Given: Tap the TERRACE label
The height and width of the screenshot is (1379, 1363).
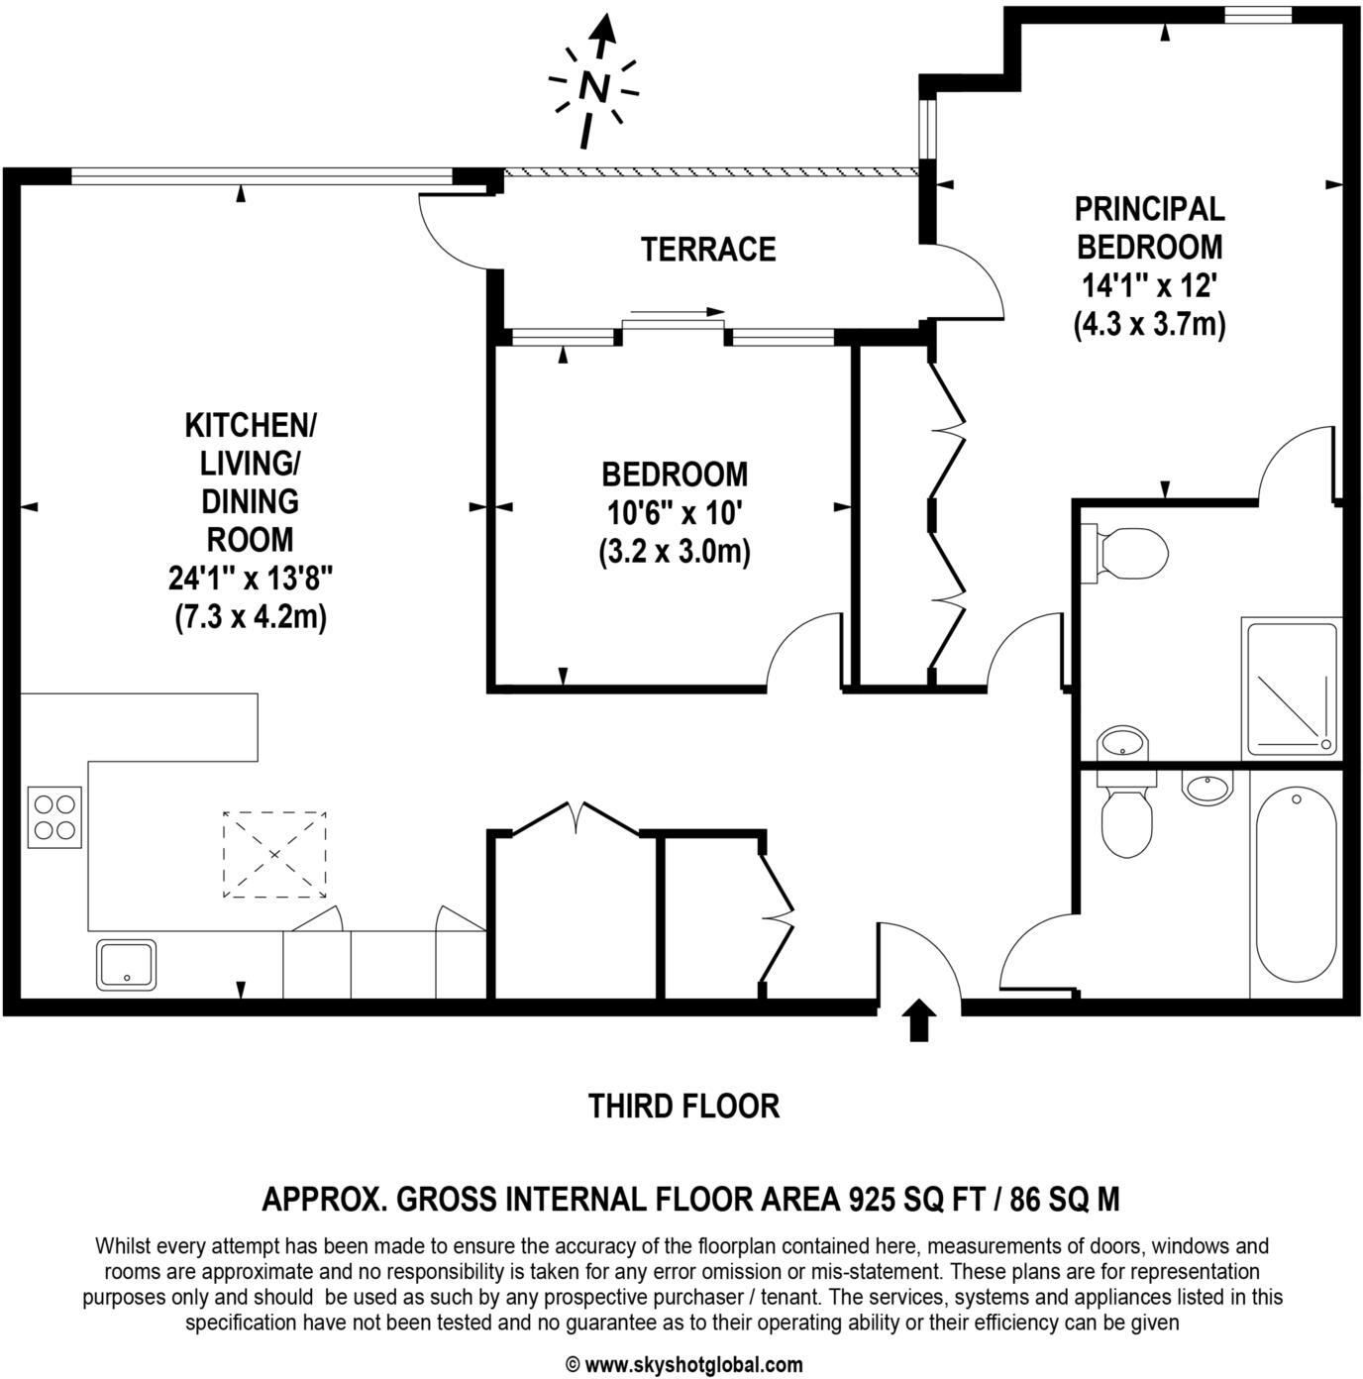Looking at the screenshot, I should [x=707, y=250].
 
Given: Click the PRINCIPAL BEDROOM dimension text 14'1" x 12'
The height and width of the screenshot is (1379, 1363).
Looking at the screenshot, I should [x=1149, y=286].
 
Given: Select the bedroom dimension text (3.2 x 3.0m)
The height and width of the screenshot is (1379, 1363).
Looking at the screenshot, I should [x=675, y=551].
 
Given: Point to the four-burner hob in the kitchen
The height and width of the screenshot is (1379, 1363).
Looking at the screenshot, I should [x=54, y=816].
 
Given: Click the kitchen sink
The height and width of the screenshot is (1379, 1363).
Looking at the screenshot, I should [x=126, y=964].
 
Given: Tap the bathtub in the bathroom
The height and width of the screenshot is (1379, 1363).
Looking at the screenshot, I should [x=1296, y=884].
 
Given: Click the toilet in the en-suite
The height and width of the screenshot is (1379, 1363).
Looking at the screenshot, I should [x=1127, y=551].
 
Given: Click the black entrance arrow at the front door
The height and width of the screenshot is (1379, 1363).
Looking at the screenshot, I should [x=920, y=1020].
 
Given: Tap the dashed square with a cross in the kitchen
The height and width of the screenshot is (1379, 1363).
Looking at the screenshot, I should [x=274, y=854].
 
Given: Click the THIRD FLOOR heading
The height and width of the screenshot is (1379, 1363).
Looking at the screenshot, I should [x=683, y=1106].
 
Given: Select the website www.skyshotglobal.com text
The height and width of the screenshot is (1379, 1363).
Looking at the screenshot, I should [x=693, y=1365].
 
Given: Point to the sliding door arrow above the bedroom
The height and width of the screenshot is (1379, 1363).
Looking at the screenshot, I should [x=678, y=312].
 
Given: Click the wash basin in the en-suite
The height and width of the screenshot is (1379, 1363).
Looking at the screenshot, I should [x=1122, y=742].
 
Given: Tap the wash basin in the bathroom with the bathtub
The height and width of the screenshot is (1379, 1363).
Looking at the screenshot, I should [x=1207, y=789].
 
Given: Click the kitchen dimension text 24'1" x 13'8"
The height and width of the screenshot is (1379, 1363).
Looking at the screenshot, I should [x=250, y=578].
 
